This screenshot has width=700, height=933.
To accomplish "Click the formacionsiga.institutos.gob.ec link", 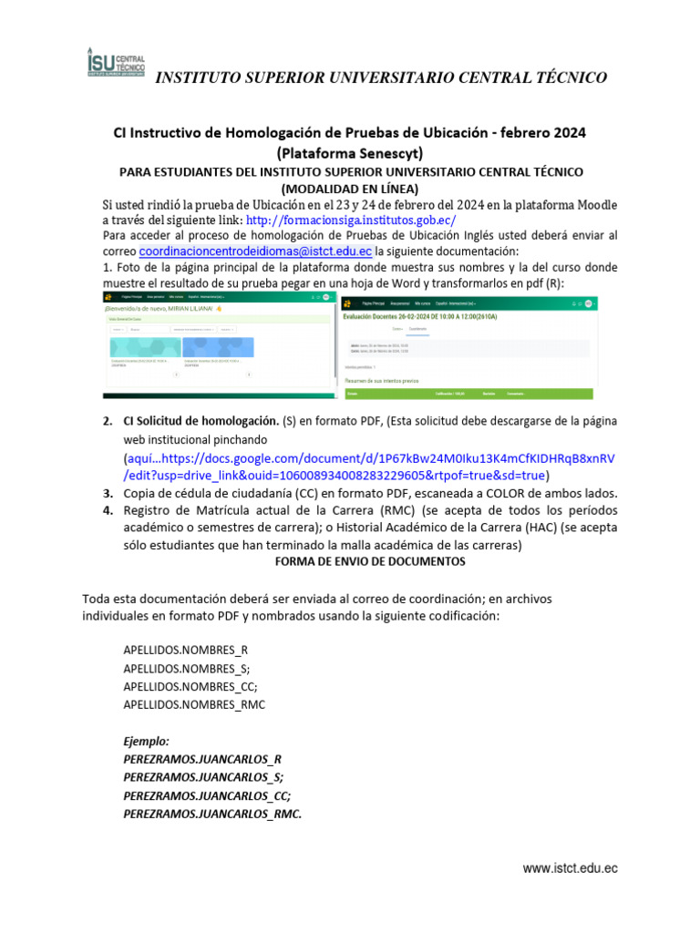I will [x=351, y=220].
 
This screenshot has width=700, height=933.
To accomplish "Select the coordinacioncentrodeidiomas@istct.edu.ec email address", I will [x=255, y=251].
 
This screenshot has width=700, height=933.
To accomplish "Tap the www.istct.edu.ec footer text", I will [x=570, y=869].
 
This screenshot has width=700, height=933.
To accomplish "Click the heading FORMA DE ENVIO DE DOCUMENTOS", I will [x=370, y=562].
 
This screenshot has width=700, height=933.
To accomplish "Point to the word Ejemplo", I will [x=146, y=742].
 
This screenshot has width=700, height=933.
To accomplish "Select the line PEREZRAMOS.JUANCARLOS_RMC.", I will [x=212, y=814].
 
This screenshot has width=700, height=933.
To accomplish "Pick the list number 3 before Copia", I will [x=108, y=493].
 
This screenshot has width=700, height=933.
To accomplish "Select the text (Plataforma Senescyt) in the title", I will [x=349, y=152].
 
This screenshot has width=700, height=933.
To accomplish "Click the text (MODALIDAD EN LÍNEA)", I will [x=349, y=189].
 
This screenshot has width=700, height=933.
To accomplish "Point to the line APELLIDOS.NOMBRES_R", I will [x=186, y=650].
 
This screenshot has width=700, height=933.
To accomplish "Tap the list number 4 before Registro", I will [x=108, y=510].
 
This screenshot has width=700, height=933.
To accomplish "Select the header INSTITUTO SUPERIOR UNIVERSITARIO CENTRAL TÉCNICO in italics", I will [x=381, y=77].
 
